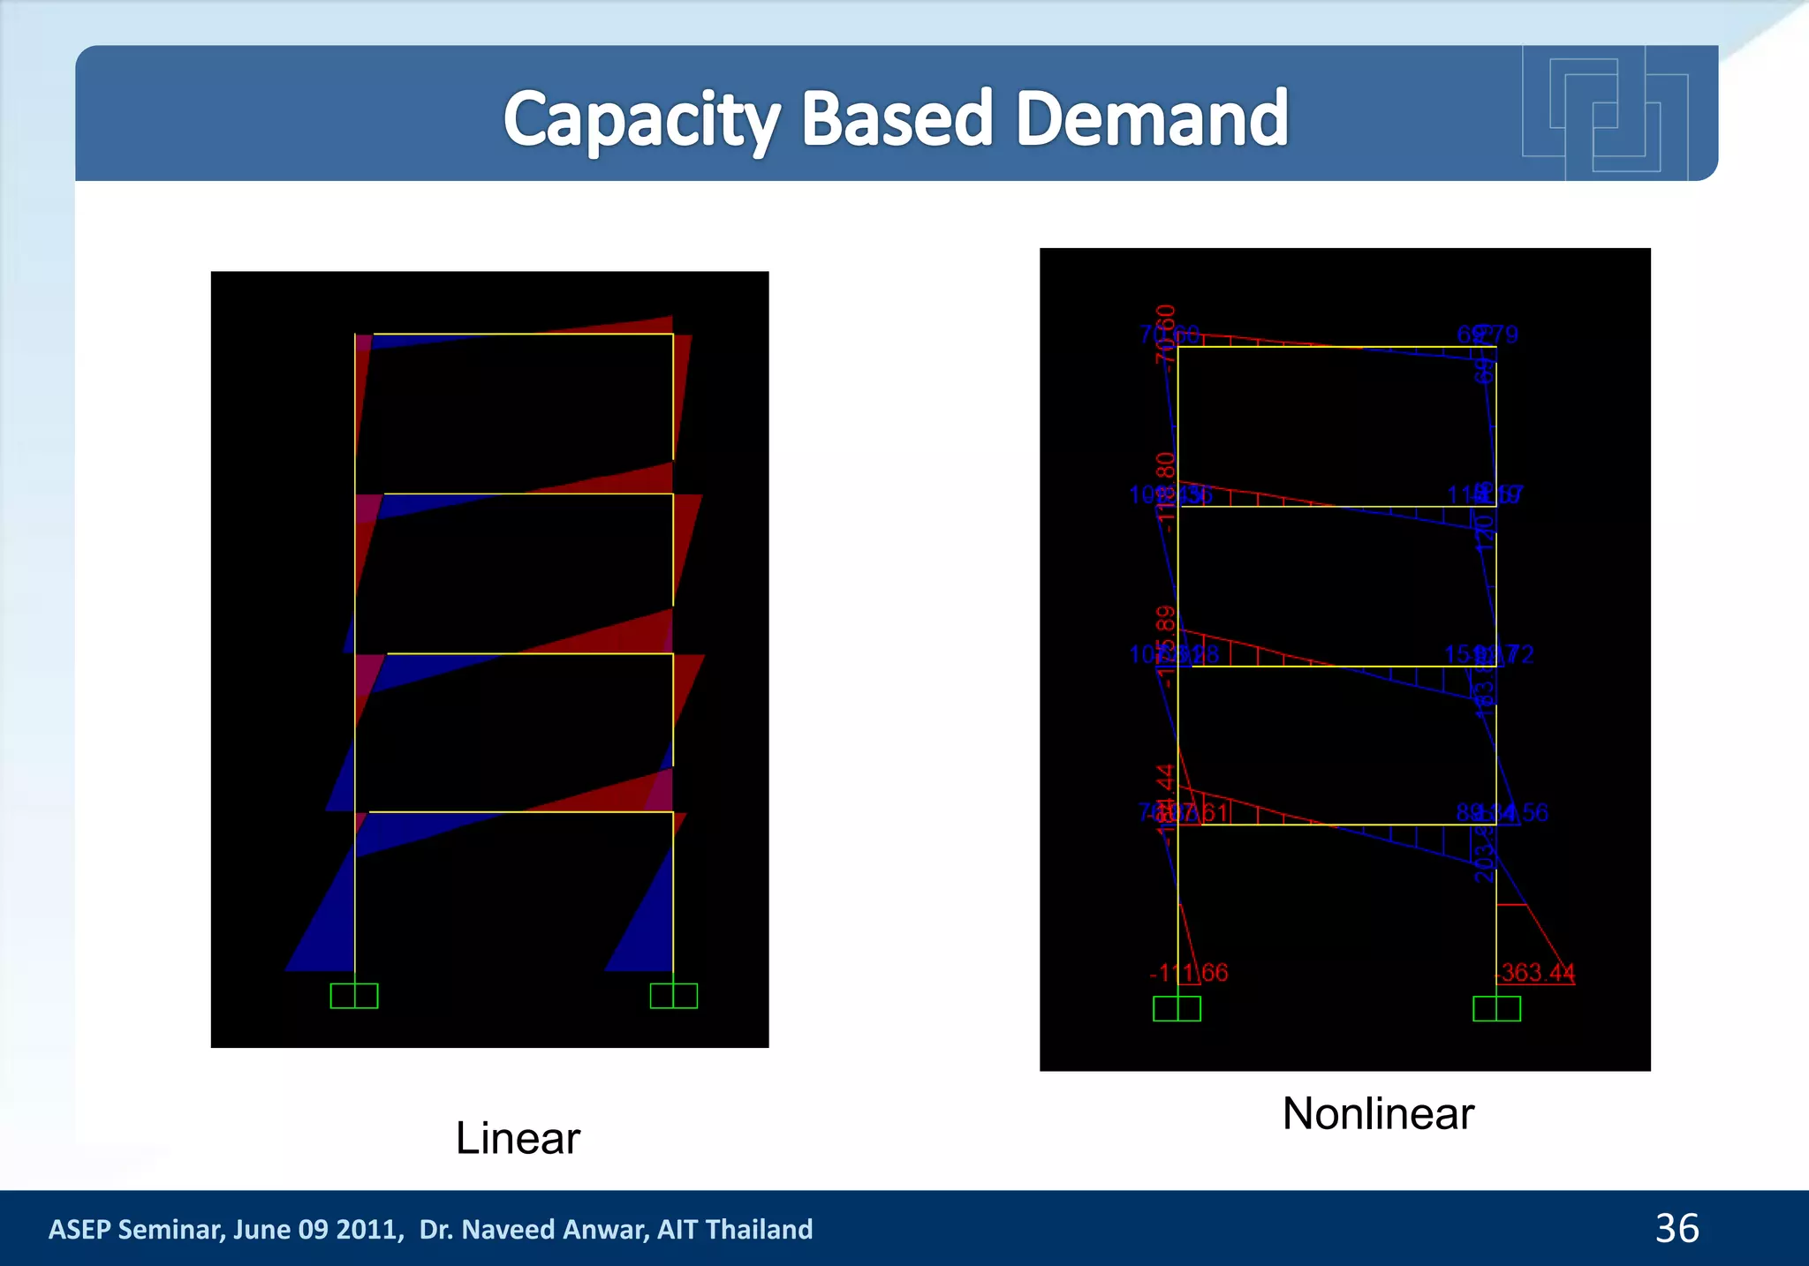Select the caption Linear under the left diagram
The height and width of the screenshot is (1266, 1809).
[x=518, y=1138]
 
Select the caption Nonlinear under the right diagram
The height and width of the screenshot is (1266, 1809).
[x=1378, y=1113]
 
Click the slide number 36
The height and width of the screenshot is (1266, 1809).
[x=1677, y=1228]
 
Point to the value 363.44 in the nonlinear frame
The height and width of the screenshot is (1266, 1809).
[x=1538, y=972]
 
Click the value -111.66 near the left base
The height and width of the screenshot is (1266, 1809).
[x=1189, y=972]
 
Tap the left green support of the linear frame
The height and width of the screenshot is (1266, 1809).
[x=354, y=996]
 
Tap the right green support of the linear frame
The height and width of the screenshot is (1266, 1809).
[x=673, y=996]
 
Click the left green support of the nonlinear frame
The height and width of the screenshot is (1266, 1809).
[x=1177, y=1008]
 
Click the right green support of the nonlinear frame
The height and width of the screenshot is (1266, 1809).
[x=1496, y=1008]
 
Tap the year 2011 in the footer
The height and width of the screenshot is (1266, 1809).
[x=369, y=1229]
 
